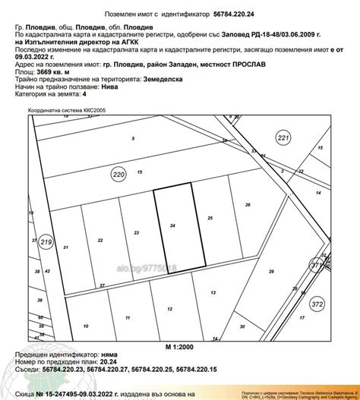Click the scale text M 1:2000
[180, 346]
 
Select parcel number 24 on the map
[173, 226]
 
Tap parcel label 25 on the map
[210, 218]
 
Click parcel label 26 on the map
[247, 205]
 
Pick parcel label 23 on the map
[136, 232]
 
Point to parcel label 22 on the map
[100, 240]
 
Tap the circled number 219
[45, 242]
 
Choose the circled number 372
[317, 304]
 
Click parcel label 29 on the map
[270, 271]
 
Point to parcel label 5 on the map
[134, 138]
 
